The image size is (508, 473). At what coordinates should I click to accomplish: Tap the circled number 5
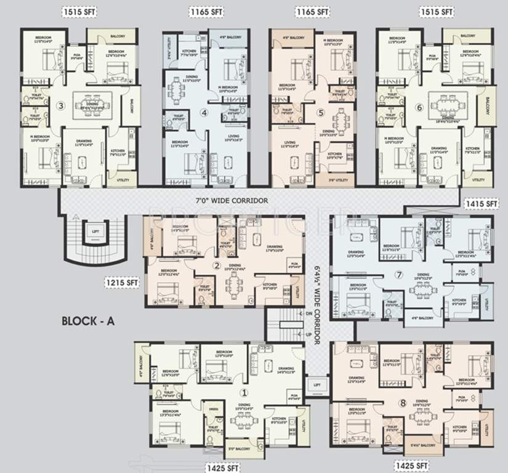(x=320, y=113)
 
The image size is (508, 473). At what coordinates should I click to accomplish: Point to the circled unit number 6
(x=419, y=107)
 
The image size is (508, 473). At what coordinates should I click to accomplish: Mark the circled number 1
(x=244, y=392)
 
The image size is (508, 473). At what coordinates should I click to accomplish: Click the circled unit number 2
(x=217, y=266)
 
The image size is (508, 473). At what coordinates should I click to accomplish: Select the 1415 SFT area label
(x=482, y=203)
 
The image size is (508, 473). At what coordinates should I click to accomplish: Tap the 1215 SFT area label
(x=123, y=283)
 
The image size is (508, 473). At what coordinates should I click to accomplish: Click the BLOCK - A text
(x=89, y=320)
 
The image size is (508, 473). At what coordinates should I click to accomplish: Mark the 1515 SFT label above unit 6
(x=437, y=12)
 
